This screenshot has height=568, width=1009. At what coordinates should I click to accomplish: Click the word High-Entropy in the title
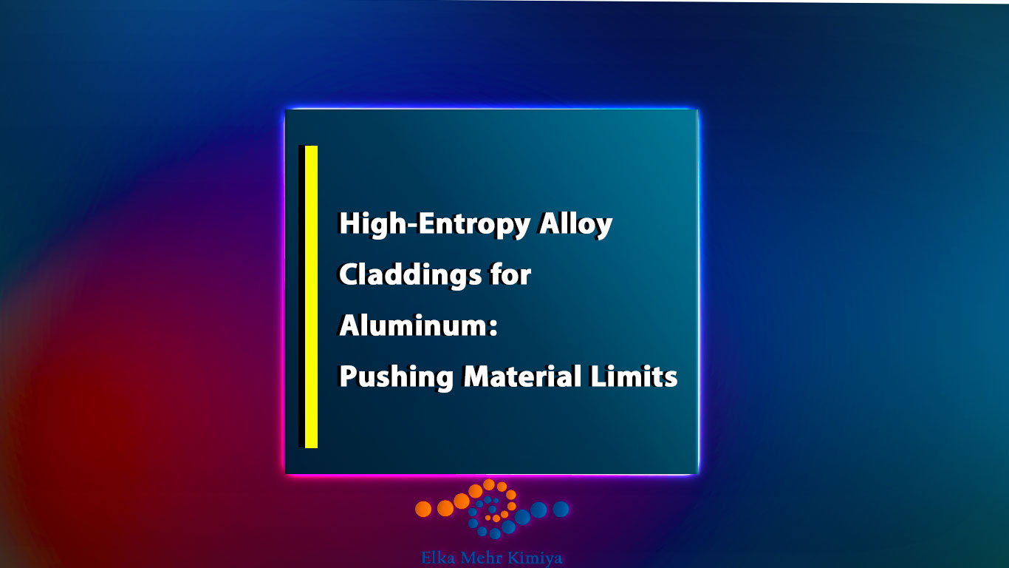(x=434, y=224)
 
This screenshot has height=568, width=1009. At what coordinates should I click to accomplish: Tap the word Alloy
(x=575, y=224)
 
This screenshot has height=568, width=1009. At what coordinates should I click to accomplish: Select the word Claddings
(x=410, y=274)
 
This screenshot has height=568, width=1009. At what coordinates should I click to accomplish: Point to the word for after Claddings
(x=510, y=274)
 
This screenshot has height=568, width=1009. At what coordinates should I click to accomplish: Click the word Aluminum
(x=413, y=325)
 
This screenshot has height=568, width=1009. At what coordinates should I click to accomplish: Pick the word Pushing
(x=396, y=376)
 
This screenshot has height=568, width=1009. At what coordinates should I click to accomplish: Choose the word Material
(x=522, y=376)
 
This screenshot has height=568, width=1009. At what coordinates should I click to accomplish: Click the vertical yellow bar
(x=311, y=297)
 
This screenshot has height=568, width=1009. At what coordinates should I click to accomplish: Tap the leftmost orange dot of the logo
(x=423, y=509)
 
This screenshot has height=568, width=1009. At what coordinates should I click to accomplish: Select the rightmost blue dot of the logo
(x=561, y=509)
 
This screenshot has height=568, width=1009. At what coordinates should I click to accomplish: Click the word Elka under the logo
(x=437, y=558)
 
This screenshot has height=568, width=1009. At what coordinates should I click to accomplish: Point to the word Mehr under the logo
(x=481, y=558)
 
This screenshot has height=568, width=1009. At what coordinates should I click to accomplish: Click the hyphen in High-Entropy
(x=411, y=224)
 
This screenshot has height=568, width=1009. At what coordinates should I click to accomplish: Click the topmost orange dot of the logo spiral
(x=489, y=485)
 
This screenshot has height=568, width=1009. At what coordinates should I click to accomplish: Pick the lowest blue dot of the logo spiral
(x=495, y=534)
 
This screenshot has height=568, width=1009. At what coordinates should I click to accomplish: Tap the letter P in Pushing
(x=347, y=376)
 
